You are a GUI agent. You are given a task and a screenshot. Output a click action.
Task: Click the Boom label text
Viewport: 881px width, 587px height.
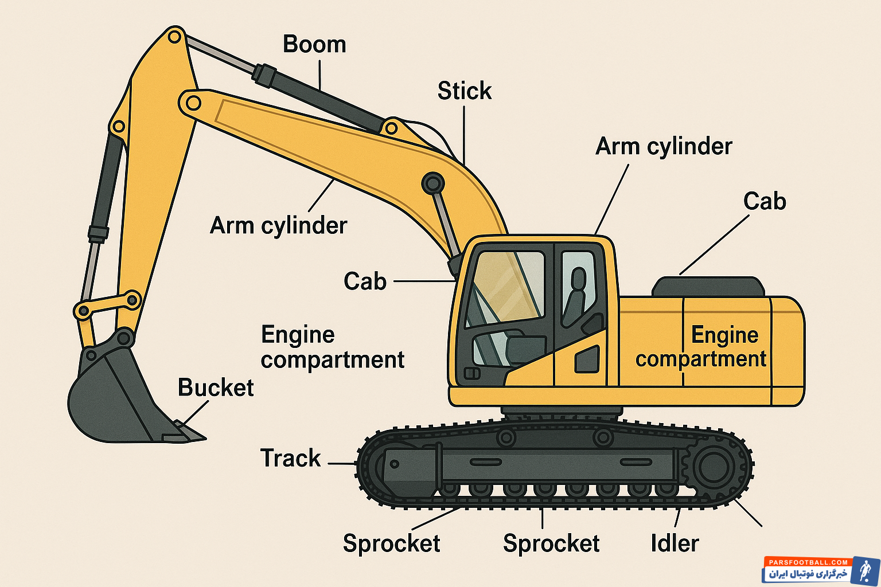coord(314,45)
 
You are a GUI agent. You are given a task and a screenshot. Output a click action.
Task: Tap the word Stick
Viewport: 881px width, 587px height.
coord(465,91)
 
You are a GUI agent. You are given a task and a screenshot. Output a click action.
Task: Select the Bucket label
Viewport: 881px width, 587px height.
coord(216,388)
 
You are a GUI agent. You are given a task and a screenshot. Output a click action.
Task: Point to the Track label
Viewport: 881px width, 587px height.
coord(291,458)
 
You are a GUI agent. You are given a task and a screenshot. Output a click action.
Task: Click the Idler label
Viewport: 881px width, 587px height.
coord(675,543)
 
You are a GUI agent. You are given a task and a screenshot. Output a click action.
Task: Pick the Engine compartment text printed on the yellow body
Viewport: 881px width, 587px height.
coord(701,347)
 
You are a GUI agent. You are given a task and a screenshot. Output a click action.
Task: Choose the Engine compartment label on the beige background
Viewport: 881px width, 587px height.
coord(332,347)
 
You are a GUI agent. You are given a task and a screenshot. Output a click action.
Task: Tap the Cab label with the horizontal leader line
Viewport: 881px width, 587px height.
coord(365,281)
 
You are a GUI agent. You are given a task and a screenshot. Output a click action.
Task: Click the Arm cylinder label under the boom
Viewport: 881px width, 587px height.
coord(278,225)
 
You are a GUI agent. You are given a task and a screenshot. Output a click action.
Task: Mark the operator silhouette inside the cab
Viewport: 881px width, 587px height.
coord(575,298)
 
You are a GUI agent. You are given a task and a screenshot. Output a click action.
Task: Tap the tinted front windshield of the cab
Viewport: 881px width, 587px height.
coord(505,287)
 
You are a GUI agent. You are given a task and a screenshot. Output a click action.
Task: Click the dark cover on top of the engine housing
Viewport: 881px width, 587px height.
coord(708,287)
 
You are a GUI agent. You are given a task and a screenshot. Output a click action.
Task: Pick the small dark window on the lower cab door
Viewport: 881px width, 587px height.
coord(587,359)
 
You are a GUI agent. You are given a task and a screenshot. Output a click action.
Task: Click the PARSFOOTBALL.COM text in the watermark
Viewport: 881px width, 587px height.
coord(808,562)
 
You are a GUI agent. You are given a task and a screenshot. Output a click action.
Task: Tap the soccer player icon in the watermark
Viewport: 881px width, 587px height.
coord(864,571)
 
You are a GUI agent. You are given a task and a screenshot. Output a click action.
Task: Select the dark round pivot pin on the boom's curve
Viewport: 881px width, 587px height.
coord(433,183)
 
